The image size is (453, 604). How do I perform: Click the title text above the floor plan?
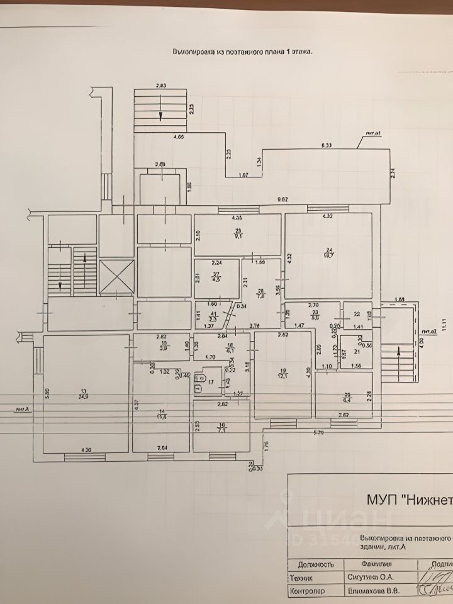click(x=243, y=53)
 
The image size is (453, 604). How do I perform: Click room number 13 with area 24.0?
click(x=82, y=393)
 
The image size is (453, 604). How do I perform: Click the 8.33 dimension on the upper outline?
click(x=326, y=145)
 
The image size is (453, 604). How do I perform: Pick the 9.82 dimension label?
click(x=283, y=200)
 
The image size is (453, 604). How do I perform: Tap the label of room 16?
click(x=221, y=428)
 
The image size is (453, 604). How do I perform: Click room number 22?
click(x=357, y=314)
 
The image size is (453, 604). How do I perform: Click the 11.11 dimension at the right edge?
click(x=444, y=325)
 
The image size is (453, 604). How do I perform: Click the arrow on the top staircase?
click(x=160, y=115)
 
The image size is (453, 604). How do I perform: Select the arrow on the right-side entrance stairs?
click(x=400, y=352)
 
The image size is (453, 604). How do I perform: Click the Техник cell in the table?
click(x=301, y=577)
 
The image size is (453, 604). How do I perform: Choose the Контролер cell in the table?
click(x=306, y=591)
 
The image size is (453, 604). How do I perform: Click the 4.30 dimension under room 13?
click(x=86, y=449)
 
